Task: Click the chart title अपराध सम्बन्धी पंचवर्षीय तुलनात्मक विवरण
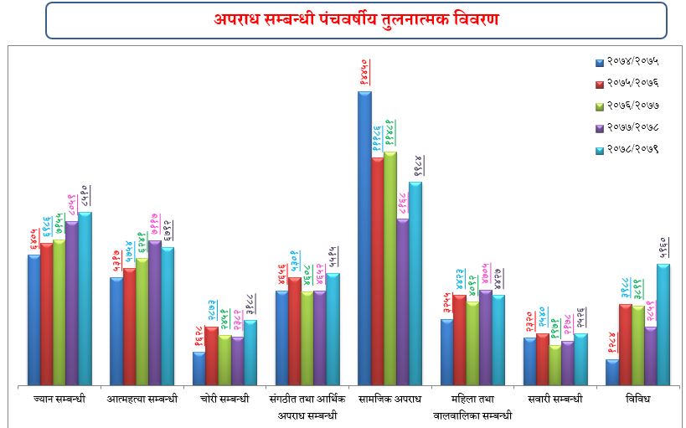coord(356,19)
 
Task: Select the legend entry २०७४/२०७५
coord(627,62)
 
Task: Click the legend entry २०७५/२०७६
coord(627,84)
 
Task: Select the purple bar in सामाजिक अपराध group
coord(403,302)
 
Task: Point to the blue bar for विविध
coord(612,372)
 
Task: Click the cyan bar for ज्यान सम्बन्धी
coord(85,298)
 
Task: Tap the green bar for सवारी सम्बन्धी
coord(554,365)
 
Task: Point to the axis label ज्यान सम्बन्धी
coord(59,400)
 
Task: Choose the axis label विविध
coord(637,400)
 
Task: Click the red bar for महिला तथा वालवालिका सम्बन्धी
coord(460,340)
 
